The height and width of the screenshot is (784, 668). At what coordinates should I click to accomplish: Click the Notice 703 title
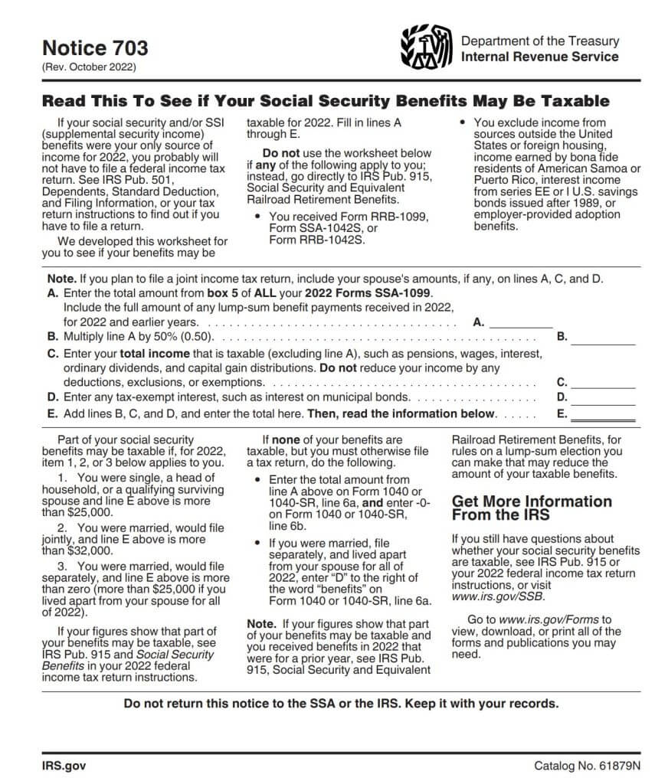[95, 48]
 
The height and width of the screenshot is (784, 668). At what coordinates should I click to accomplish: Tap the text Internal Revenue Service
[539, 57]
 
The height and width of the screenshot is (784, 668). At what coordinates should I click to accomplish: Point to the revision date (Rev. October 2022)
[88, 67]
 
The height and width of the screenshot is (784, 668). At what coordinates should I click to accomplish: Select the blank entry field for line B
[603, 337]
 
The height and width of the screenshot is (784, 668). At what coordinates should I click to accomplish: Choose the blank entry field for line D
[603, 397]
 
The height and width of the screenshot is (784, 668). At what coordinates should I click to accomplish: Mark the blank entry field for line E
[603, 414]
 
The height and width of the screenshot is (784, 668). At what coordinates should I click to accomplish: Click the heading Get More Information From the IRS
[532, 508]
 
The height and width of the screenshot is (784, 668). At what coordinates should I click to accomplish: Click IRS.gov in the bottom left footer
[64, 765]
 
